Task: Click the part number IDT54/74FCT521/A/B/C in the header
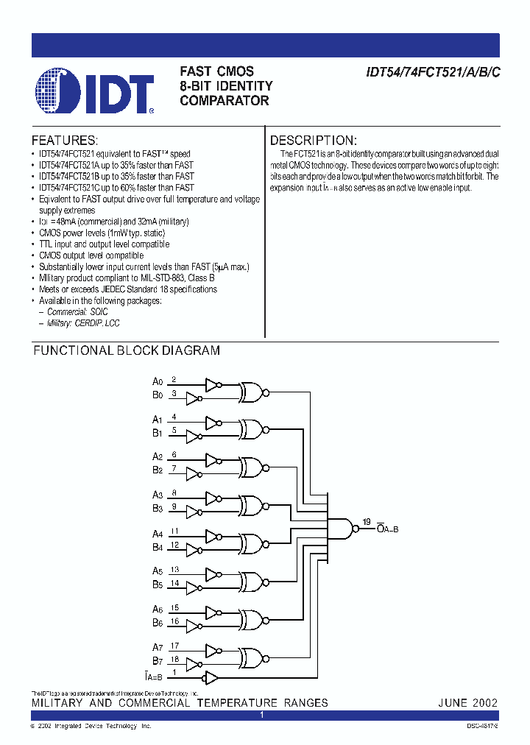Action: (434, 73)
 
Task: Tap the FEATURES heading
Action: (65, 141)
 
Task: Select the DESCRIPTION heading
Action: (314, 141)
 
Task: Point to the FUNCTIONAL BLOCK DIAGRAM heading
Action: (127, 351)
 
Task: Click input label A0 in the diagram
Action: (157, 381)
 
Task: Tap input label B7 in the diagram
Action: (157, 660)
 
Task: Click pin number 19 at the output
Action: (366, 522)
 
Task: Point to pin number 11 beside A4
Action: (174, 530)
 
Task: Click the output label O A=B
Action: (387, 528)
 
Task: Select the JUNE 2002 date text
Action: (468, 702)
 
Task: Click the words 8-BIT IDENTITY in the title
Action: (226, 86)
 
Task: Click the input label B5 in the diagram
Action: (157, 585)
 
